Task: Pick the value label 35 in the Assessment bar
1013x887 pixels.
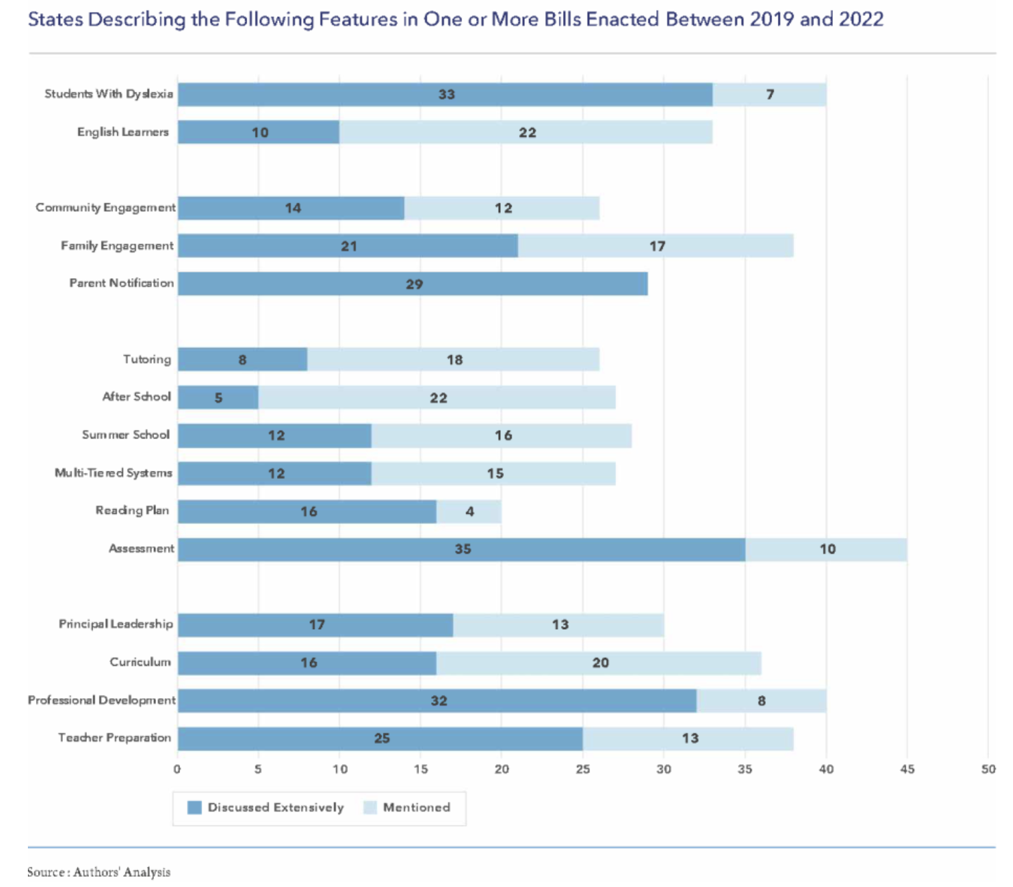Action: (x=463, y=549)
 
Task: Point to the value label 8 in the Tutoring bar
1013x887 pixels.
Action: (x=242, y=360)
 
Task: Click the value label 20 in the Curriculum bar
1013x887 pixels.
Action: (x=600, y=663)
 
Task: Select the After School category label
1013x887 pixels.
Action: (x=137, y=397)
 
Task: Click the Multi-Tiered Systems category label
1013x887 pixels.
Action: (x=113, y=473)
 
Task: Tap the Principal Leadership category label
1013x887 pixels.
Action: (x=116, y=624)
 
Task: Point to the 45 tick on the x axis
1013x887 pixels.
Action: (x=907, y=769)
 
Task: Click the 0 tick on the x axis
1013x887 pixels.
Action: (x=177, y=769)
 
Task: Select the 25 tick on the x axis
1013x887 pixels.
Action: (x=583, y=769)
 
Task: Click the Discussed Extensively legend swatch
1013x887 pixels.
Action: (x=195, y=808)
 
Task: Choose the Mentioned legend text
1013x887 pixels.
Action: (x=416, y=808)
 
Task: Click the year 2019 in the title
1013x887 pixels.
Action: (x=771, y=19)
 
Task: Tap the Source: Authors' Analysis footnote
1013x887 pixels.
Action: (x=99, y=872)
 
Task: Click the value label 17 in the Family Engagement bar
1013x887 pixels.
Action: (x=657, y=246)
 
